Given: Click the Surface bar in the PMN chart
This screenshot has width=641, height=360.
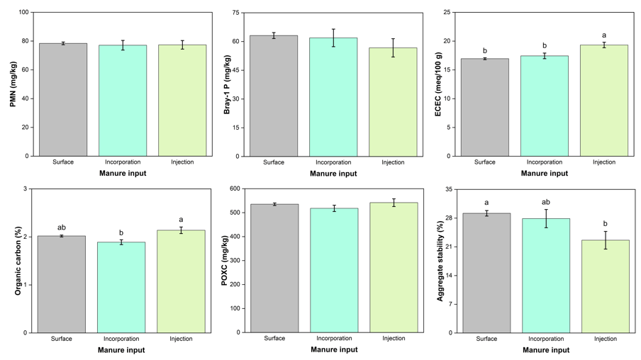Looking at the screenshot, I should [x=63, y=100].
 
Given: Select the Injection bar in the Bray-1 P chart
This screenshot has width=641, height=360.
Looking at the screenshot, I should [x=393, y=102].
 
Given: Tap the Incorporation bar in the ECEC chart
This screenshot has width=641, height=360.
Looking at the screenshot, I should [x=545, y=106].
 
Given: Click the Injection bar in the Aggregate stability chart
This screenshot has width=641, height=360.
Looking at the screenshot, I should [x=606, y=286].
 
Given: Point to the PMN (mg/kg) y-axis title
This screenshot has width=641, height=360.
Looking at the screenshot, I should [x=13, y=84].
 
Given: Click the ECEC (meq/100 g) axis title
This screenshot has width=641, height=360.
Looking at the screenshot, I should [x=437, y=84].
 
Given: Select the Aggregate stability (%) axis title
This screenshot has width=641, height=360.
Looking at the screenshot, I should [x=440, y=261].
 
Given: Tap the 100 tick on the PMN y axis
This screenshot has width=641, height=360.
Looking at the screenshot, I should [x=23, y=13].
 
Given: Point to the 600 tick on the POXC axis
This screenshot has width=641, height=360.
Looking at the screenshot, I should [x=234, y=189].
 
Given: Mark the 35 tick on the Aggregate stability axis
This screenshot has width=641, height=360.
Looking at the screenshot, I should [x=449, y=189].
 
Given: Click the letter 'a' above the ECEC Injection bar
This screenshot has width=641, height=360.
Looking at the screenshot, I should [x=604, y=35].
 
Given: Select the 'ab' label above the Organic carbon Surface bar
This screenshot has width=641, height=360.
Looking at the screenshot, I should [x=62, y=227].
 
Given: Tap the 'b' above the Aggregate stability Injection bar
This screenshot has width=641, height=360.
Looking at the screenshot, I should [x=606, y=223].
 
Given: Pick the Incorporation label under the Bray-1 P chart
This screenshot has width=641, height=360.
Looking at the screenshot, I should [x=333, y=162].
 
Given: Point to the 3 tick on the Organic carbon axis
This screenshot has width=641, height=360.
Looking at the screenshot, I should [x=26, y=189].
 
